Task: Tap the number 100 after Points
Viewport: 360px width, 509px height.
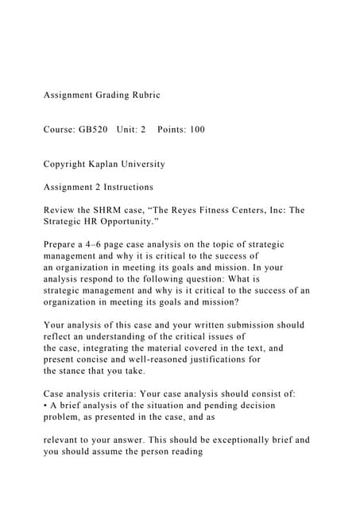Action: point(195,130)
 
